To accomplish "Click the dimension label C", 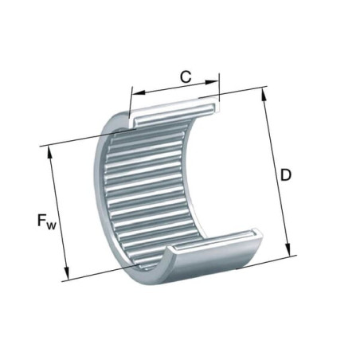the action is pos(186,76).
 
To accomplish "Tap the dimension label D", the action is pos(286,175).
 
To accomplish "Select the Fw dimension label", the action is pos(47,221).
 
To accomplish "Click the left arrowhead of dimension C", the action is pos(139,92).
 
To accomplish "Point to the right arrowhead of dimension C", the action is pos(212,82).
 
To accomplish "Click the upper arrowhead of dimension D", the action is pos(264,95).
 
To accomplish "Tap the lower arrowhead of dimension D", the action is pos(288,249).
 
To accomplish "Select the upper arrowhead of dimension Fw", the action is pos(49,153).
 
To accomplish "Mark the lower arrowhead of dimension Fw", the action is pos(66,272).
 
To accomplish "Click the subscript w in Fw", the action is pos(52,225).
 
